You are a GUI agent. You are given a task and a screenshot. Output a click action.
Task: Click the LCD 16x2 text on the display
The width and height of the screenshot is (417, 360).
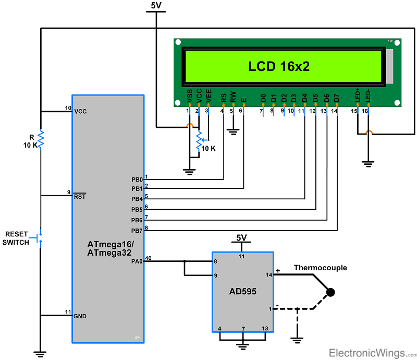point(283,66)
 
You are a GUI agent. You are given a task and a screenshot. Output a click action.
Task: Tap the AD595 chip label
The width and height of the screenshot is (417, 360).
point(242,291)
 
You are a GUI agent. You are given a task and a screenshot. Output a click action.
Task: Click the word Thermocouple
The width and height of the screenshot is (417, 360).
point(320,268)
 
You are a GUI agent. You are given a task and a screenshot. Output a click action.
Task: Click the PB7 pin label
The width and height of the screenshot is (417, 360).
point(137,230)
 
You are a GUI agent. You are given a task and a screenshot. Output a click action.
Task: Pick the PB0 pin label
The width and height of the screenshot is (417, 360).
point(137,179)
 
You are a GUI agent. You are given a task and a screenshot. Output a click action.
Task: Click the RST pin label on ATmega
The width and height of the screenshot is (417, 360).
point(80,196)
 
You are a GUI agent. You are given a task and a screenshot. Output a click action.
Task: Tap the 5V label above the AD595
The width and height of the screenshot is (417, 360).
point(241,237)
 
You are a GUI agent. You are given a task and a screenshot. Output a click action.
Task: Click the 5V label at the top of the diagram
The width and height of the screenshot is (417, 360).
point(156,6)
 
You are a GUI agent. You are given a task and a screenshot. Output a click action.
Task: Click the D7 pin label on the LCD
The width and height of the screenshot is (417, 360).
point(337,98)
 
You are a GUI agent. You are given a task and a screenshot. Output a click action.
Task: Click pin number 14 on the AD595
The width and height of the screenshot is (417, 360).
point(269,274)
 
